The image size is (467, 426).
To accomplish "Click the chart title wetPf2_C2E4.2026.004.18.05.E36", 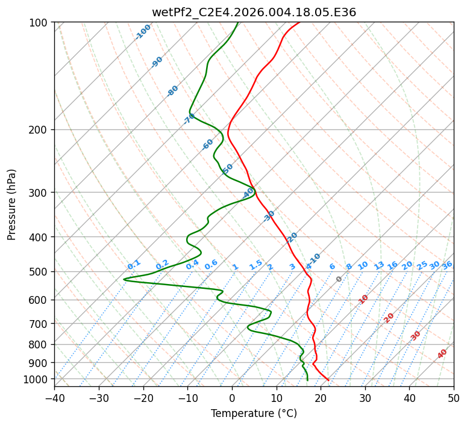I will [254, 13].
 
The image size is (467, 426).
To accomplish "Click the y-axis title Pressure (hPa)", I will [12, 204].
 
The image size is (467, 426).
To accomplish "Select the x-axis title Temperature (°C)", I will [254, 413].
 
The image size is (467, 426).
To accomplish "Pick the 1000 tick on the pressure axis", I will [36, 379].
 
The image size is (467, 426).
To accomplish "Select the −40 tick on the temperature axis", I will [54, 398].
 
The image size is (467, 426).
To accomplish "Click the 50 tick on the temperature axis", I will [454, 398].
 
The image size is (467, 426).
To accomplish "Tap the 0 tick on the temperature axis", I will [232, 398].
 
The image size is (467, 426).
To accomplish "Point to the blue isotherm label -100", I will [143, 32].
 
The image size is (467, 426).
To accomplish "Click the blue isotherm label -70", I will [189, 118].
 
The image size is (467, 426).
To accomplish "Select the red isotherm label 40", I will [442, 354].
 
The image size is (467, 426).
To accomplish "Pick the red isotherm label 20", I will [389, 317].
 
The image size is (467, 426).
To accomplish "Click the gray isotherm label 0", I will [339, 279].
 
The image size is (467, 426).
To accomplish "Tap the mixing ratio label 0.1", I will [134, 265].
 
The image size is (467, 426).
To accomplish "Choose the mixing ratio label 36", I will [447, 265].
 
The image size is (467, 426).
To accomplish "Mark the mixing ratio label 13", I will [379, 265].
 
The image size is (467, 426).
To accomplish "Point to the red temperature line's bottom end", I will [328, 380].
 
